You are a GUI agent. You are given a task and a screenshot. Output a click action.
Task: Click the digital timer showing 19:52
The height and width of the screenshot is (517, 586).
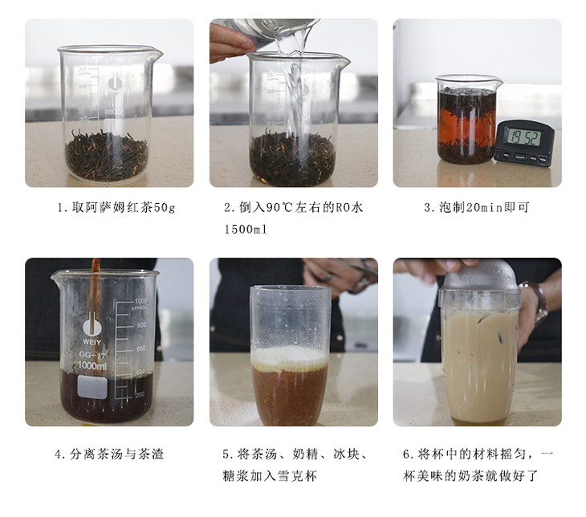524,143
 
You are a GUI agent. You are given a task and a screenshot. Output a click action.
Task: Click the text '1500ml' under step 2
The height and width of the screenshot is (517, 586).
246,229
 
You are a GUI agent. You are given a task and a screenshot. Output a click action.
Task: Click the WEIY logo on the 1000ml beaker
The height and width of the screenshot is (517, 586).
92,329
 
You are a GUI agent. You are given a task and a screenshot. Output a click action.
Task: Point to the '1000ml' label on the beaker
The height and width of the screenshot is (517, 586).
92,365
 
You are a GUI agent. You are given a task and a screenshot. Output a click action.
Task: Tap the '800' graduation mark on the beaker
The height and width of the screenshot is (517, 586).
141,325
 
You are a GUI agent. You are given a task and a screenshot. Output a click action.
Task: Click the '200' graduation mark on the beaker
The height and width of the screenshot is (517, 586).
140,395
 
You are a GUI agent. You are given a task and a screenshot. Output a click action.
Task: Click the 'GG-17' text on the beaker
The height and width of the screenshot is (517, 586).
92,354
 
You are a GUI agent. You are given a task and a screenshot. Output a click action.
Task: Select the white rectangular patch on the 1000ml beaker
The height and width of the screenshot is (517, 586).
92,386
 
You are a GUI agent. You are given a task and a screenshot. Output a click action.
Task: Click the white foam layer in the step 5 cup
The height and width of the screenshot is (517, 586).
290,358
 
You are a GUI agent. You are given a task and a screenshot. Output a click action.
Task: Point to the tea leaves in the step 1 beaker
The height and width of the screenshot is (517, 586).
107,155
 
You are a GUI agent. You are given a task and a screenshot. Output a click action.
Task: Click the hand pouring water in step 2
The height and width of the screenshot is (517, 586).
230,42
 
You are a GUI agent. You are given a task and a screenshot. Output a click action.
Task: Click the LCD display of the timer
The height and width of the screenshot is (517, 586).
524,137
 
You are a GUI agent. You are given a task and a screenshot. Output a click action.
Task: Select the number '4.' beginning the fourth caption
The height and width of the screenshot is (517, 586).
60,454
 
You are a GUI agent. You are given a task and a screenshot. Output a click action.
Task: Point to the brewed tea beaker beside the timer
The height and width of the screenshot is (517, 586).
467,120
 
